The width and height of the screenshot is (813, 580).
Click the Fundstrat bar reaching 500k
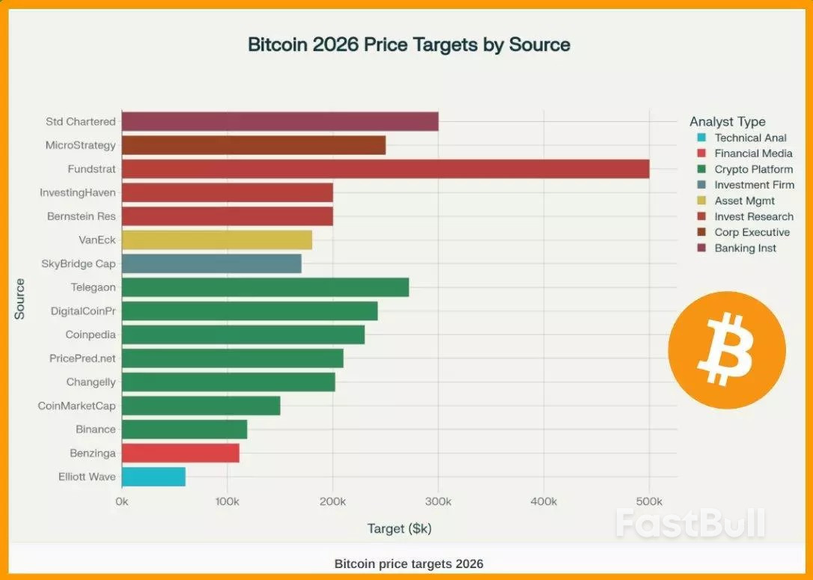[385, 169]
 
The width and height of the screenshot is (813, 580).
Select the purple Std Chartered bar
[279, 121]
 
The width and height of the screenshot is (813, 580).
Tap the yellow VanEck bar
[216, 240]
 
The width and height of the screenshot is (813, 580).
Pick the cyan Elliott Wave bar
[153, 477]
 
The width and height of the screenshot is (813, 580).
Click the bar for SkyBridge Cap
[211, 263]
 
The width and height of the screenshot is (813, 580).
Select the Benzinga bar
[180, 453]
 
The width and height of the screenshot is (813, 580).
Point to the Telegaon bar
[265, 287]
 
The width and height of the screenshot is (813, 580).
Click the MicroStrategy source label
[80, 145]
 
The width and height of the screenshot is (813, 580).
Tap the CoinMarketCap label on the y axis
[76, 406]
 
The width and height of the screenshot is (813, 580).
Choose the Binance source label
[95, 430]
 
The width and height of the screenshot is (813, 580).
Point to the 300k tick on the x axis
[438, 501]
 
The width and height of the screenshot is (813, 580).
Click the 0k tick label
[121, 501]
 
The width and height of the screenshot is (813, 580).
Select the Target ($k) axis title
[399, 528]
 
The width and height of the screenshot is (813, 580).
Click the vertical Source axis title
[19, 299]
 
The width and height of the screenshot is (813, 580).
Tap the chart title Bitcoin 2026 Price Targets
[409, 44]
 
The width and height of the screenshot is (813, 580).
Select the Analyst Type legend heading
[727, 121]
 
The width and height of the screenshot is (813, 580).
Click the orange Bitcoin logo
[726, 349]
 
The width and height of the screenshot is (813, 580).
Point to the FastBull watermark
[690, 522]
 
